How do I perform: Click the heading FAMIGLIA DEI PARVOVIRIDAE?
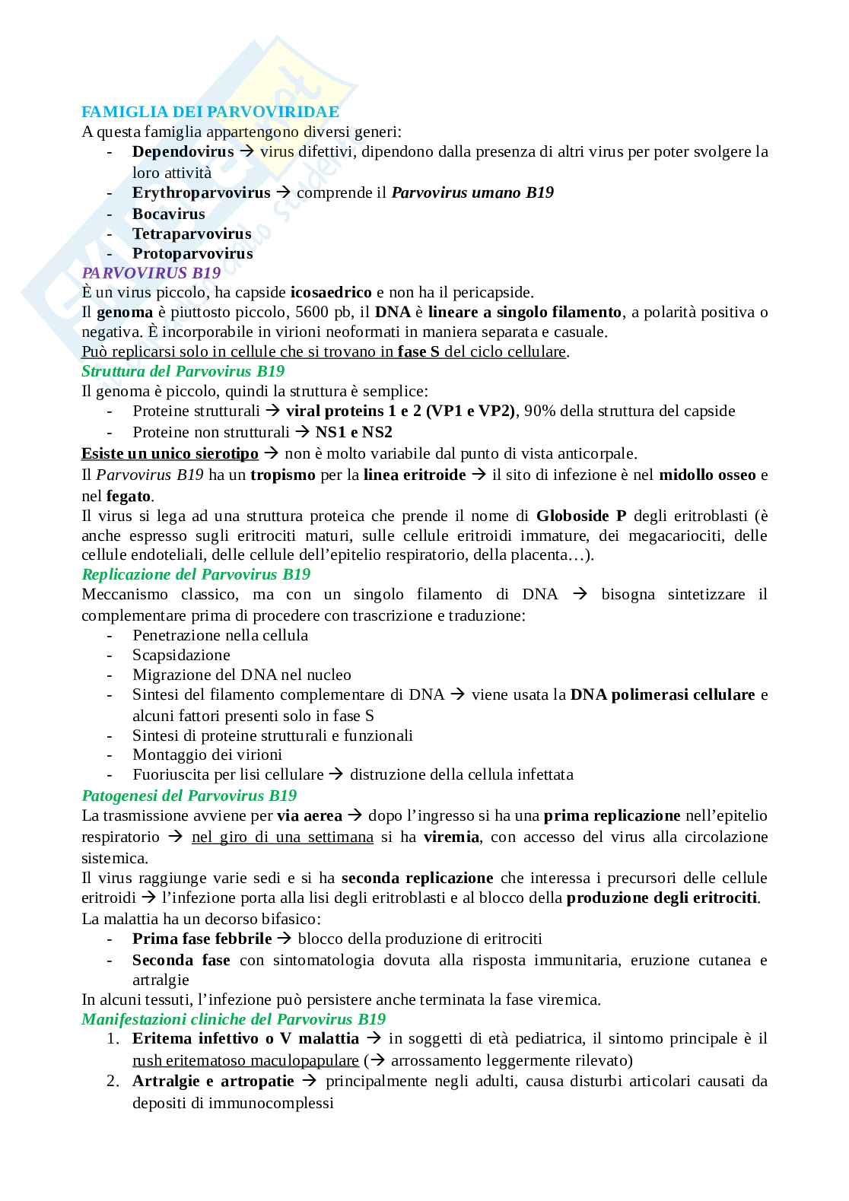pos(210,112)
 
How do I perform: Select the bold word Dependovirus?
pos(183,151)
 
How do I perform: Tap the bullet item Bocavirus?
pos(168,214)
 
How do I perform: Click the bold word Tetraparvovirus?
pos(192,234)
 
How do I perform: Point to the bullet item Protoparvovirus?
pos(192,253)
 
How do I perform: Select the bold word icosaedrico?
pos(331,292)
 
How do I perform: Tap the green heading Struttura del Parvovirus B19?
pos(183,371)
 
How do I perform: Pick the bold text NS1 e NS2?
pos(354,432)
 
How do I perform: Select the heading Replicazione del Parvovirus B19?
pos(196,574)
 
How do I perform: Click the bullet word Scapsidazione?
pos(181,655)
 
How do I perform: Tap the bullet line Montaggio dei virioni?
pos(207,755)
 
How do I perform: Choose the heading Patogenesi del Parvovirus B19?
pos(189,796)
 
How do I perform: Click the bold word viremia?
pos(451,837)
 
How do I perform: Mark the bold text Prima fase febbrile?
pos(202,939)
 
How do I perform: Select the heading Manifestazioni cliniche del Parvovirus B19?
pos(233,1019)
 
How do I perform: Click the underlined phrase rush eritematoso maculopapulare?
pos(245,1060)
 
